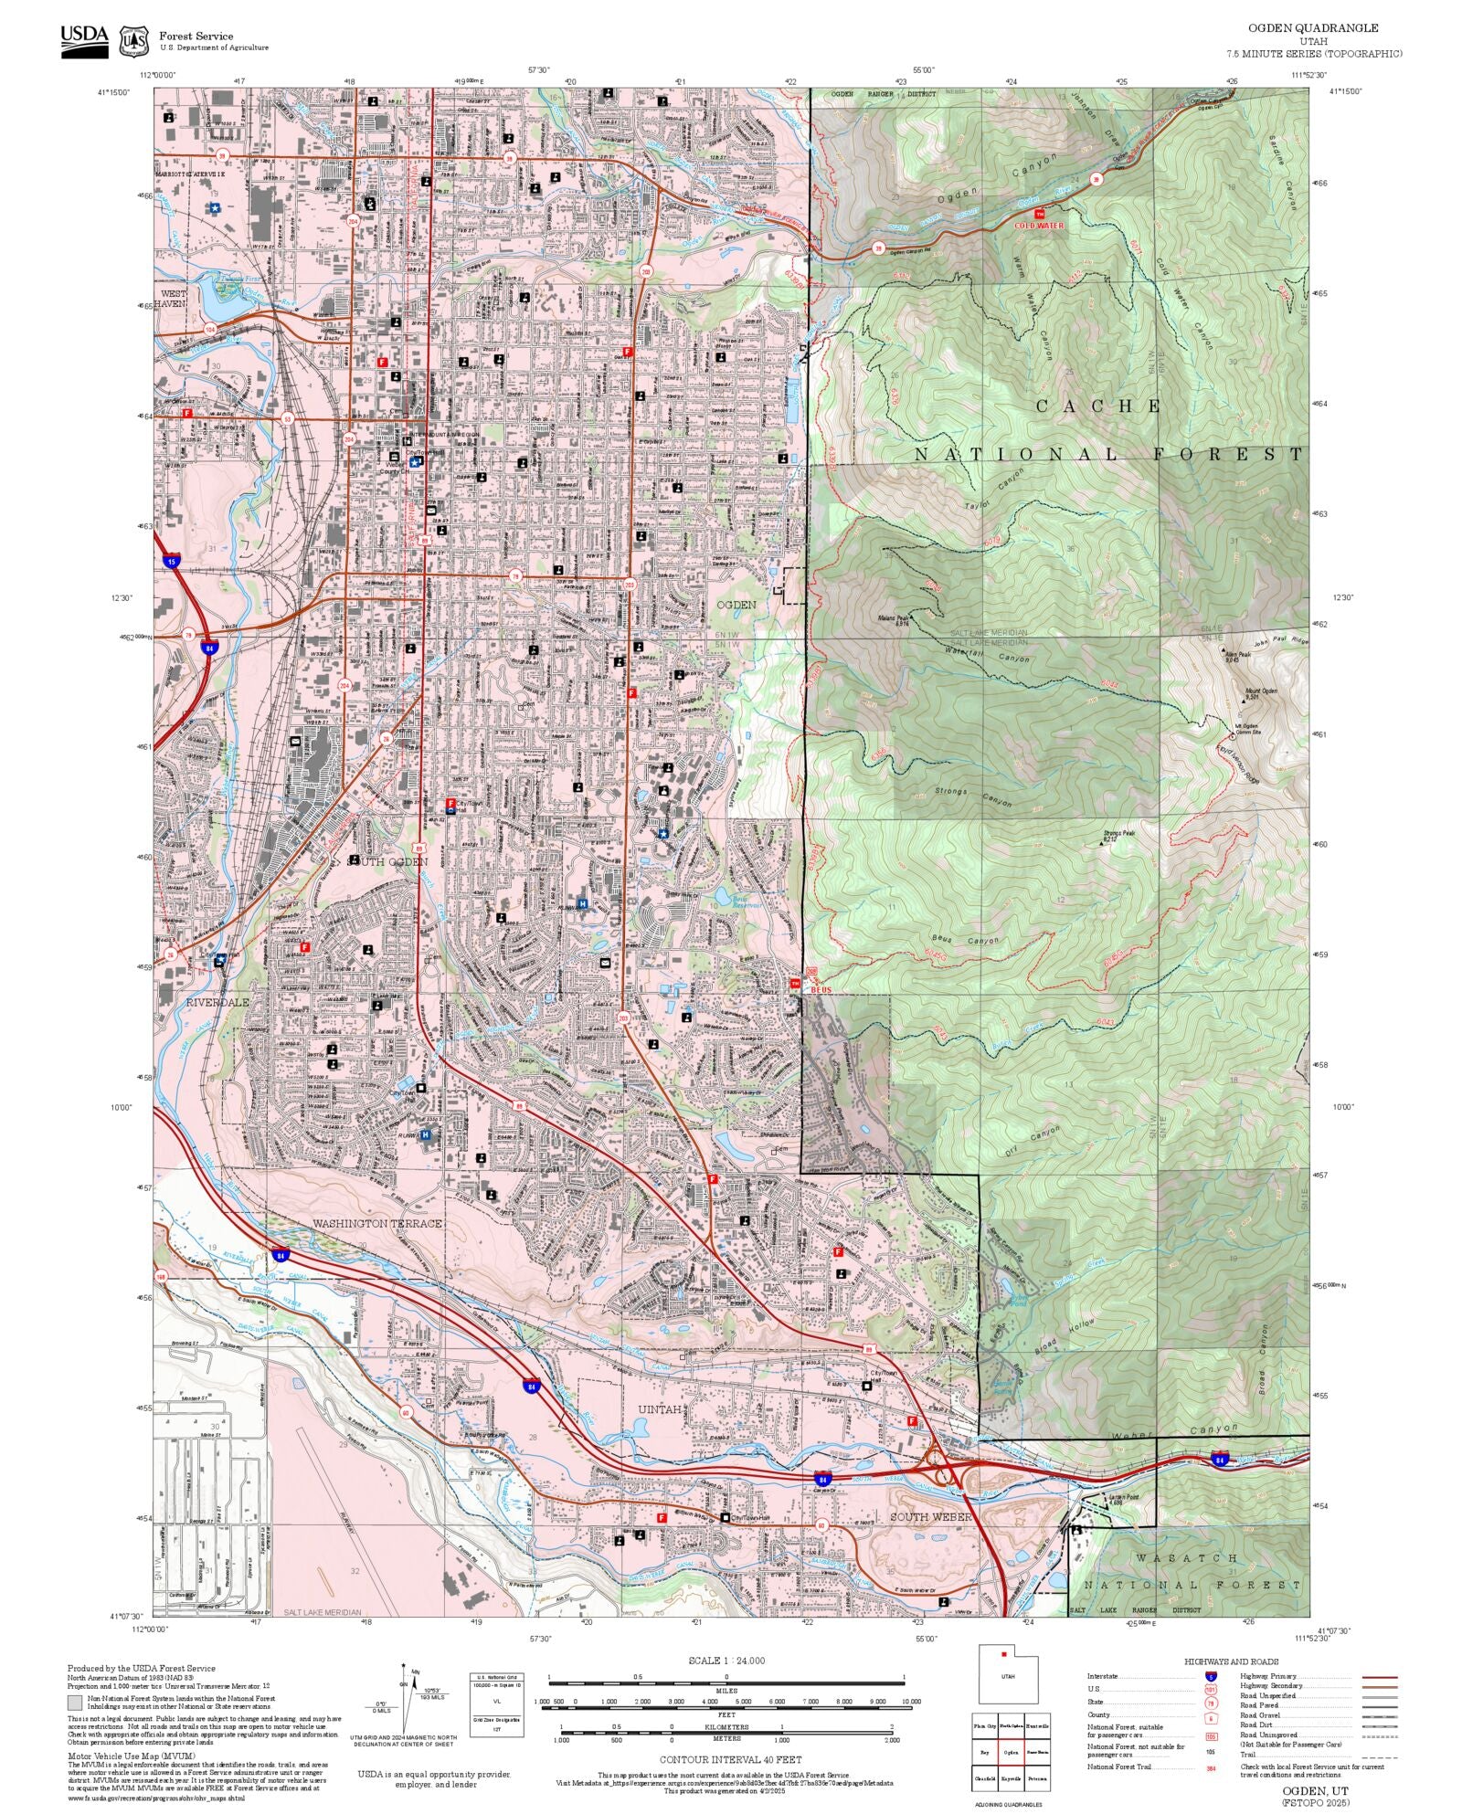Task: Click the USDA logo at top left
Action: (84, 41)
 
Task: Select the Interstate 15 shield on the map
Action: (171, 561)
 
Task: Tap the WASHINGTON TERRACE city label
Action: (376, 1223)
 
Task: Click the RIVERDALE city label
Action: (217, 1002)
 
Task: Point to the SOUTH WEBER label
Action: (928, 1516)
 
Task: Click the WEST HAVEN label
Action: (174, 298)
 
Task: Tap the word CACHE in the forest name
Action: (1098, 406)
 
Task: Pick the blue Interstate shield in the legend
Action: (1211, 1676)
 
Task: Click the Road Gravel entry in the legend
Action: (1257, 1714)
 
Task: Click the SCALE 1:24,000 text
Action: (726, 1661)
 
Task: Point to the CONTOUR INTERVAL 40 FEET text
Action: (730, 1759)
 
